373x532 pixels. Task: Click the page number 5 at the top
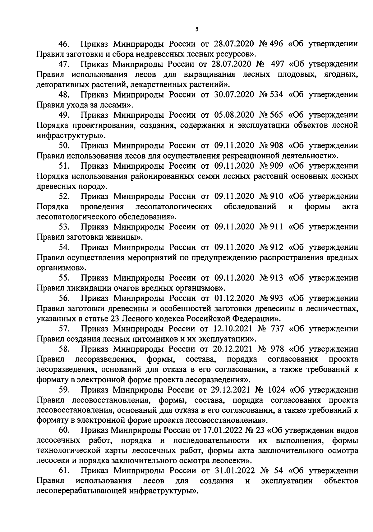(197, 29)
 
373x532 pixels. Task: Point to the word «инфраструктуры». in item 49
(71, 135)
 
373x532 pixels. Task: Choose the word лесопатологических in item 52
(174, 207)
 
